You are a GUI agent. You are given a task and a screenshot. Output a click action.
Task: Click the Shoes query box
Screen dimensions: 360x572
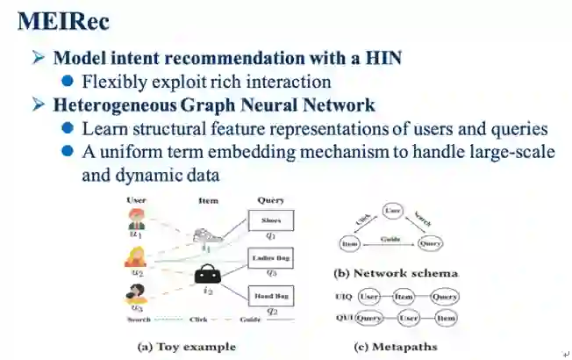271,220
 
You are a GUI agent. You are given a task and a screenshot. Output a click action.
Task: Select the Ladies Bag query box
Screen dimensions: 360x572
271,258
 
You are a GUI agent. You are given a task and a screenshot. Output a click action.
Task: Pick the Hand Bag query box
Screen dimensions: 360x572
271,297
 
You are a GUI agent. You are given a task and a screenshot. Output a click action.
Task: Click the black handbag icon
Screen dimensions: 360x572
207,273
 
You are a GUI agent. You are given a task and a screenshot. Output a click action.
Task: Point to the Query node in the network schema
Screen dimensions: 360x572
429,243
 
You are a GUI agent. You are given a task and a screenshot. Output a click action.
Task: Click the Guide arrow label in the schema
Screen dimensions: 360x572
390,238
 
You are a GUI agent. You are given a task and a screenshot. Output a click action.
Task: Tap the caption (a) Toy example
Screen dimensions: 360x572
187,346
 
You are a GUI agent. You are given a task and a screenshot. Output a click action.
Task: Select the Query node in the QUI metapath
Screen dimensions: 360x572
369,317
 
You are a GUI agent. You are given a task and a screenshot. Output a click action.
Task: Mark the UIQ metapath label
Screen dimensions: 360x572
344,297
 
